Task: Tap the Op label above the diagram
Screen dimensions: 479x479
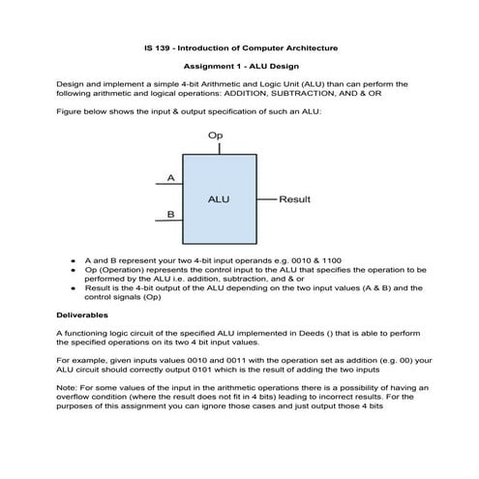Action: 215,137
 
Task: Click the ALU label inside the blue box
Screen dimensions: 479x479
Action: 218,198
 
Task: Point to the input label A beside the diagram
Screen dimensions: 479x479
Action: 170,177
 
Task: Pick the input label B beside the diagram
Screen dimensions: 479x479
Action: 170,214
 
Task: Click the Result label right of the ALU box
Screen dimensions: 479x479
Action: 294,199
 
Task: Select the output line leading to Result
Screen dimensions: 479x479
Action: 266,199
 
